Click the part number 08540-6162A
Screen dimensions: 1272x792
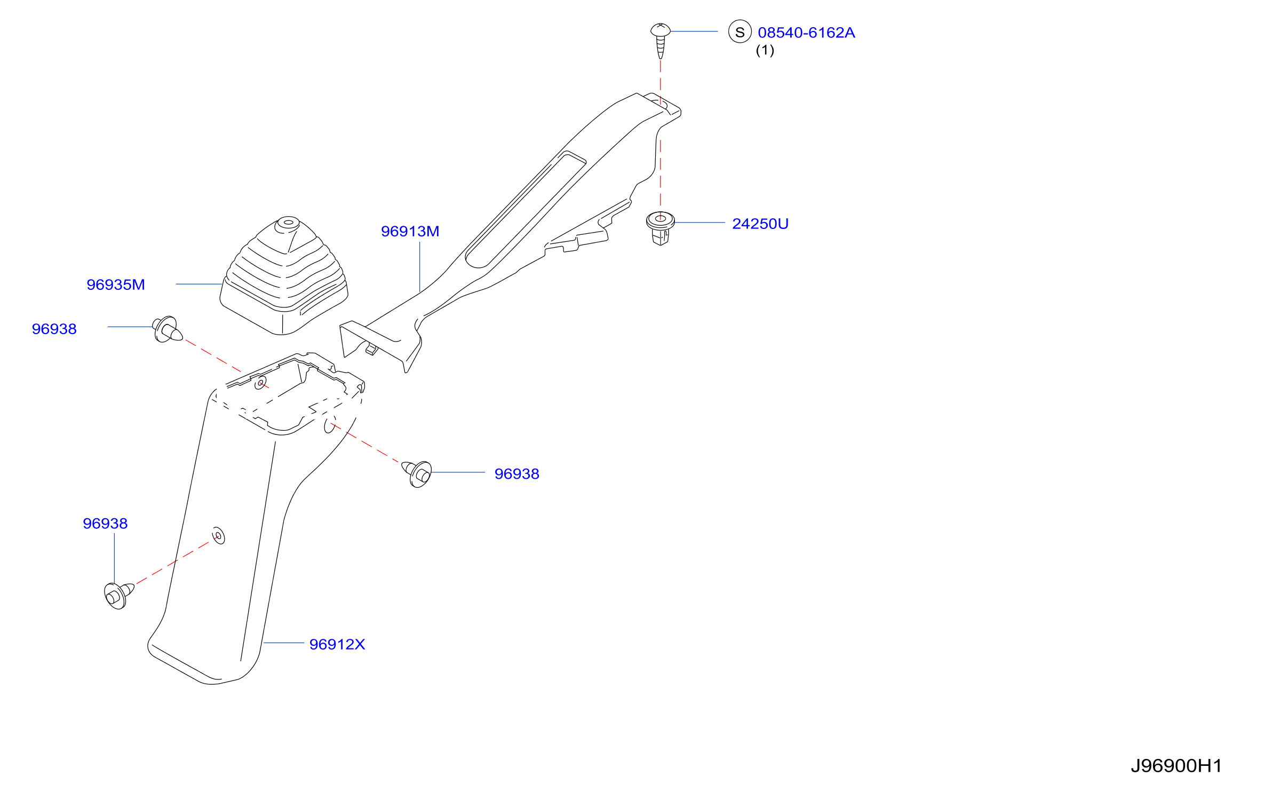[806, 33]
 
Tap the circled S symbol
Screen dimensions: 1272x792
[740, 32]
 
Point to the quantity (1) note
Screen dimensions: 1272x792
[765, 50]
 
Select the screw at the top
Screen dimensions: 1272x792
[661, 41]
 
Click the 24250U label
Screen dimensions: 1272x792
[760, 224]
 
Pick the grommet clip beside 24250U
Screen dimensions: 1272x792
[660, 228]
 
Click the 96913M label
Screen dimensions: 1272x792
[410, 231]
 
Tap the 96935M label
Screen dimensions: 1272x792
[116, 284]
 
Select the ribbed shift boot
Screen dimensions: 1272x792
[284, 276]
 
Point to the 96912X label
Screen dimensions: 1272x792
[337, 644]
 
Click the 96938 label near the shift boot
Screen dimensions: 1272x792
[54, 329]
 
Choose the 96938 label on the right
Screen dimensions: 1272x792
[516, 474]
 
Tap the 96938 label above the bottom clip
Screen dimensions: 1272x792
[105, 524]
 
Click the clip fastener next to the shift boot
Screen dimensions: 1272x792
[168, 329]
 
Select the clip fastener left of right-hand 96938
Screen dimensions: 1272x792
[417, 474]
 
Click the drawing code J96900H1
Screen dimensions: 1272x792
[1175, 766]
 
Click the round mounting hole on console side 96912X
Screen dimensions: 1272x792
[218, 535]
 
